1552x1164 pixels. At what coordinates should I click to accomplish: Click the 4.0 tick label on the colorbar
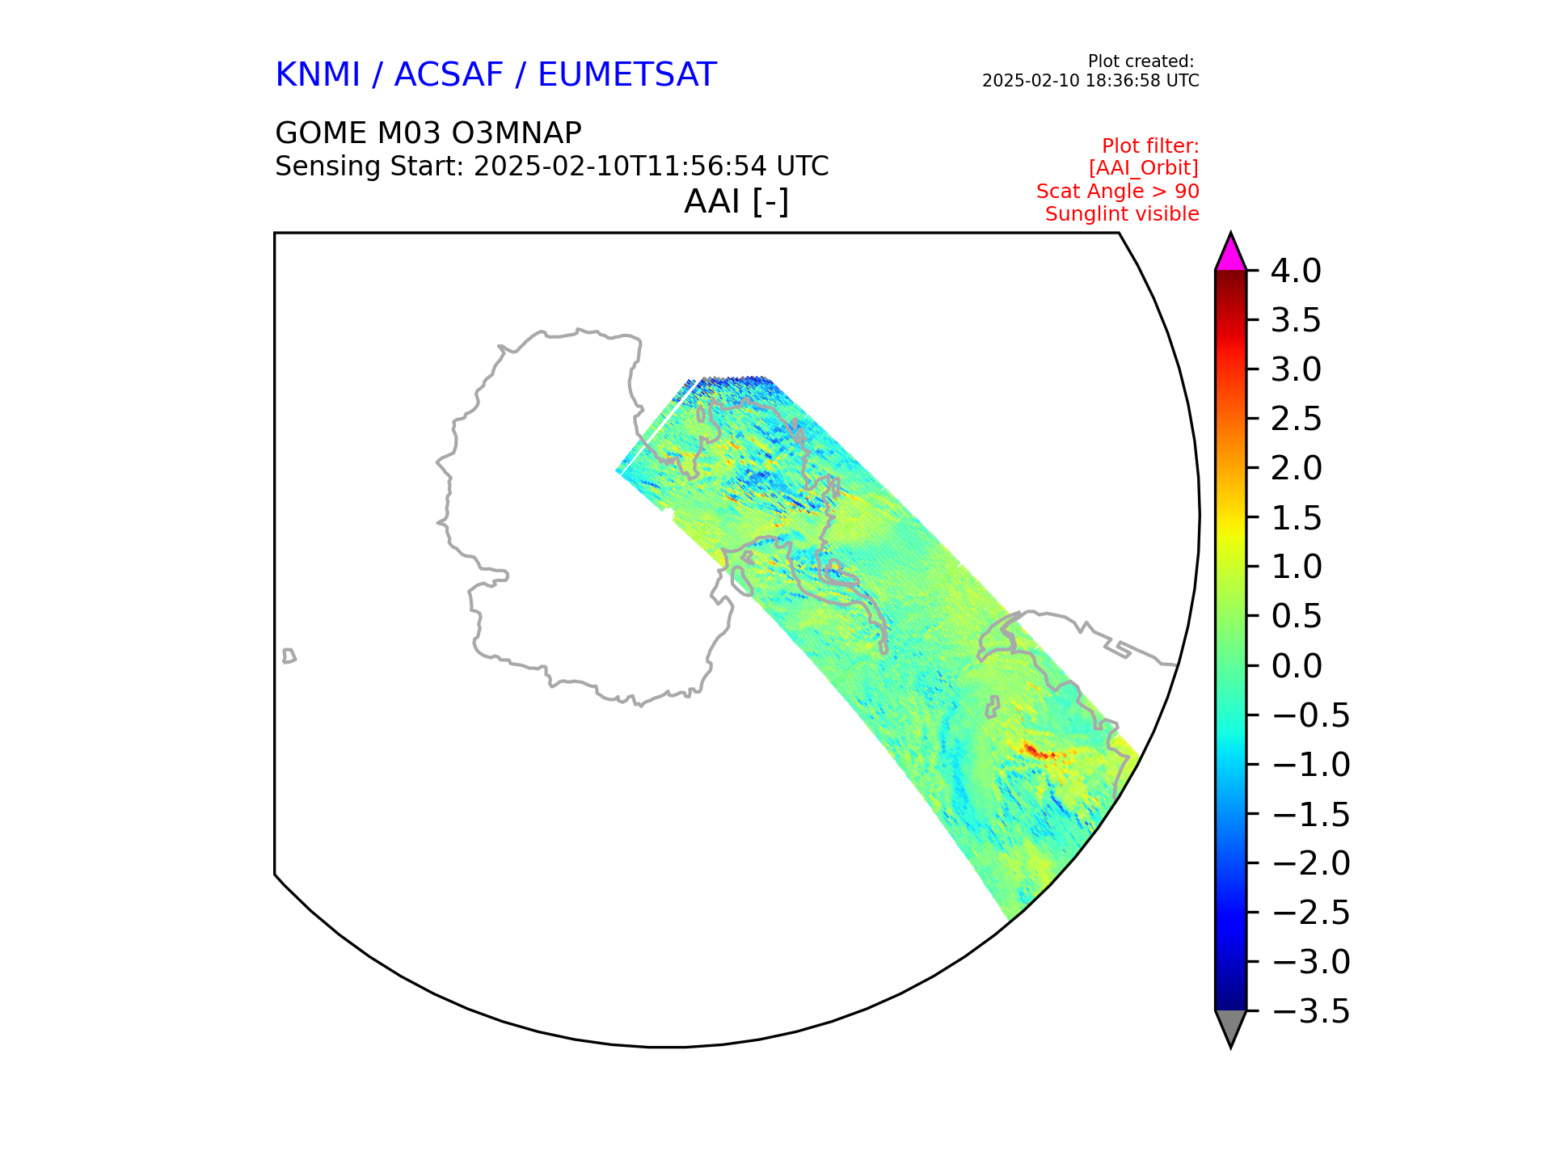(x=1297, y=271)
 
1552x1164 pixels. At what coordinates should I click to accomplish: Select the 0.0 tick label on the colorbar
(x=1297, y=666)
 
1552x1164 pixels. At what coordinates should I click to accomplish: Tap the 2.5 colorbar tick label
(x=1297, y=419)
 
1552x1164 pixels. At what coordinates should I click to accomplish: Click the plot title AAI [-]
(x=736, y=201)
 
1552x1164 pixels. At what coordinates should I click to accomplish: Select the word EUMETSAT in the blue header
(x=627, y=74)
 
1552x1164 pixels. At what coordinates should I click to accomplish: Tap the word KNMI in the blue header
(x=318, y=74)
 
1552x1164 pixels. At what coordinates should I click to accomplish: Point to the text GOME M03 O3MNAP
(x=428, y=133)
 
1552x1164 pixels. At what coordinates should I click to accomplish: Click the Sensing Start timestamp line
(x=552, y=167)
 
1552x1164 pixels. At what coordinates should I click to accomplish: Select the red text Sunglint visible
(x=1122, y=214)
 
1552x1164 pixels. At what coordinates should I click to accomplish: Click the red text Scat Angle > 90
(x=1118, y=192)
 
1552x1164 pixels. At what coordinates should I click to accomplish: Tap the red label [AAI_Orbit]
(x=1144, y=168)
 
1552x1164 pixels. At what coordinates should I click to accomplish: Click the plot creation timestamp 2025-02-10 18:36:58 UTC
(x=1090, y=81)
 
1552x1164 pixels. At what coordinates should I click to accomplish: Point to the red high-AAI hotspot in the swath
(x=1038, y=752)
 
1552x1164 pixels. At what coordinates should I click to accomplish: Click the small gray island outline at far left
(x=289, y=656)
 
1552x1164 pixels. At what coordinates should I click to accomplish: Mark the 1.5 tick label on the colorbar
(x=1297, y=518)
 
